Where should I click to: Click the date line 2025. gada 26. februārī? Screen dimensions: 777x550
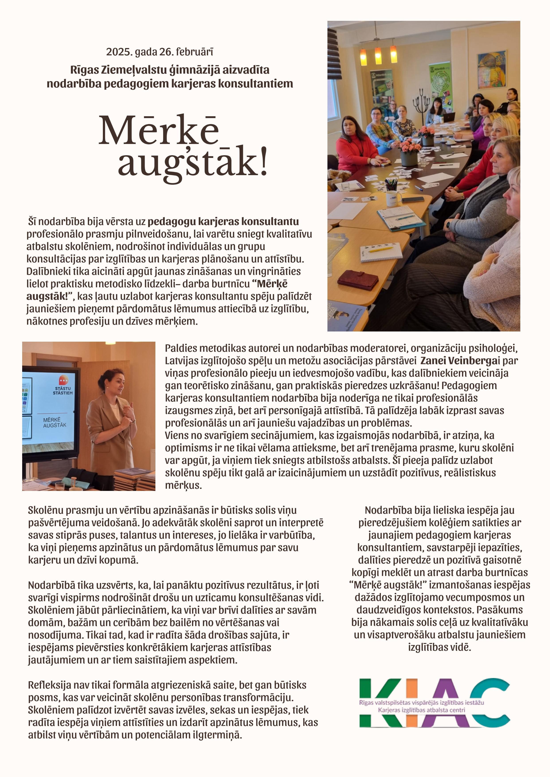point(160,52)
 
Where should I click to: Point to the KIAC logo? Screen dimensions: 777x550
point(435,703)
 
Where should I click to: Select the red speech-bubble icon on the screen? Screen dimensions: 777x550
point(63,379)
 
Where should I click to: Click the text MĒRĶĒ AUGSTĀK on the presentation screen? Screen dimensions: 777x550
point(55,422)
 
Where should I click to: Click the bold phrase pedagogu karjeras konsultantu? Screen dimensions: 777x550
point(223,222)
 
